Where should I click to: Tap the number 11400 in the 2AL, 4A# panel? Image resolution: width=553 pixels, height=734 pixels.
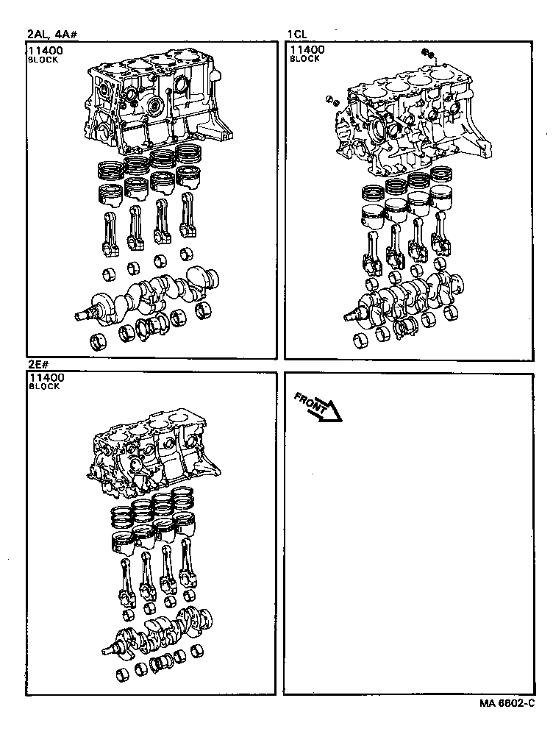coord(46,51)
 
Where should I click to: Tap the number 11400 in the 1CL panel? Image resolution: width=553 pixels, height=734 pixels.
coord(307,50)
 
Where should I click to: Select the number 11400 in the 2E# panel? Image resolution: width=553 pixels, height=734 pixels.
coord(46,378)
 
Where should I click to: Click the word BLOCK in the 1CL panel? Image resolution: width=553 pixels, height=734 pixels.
coord(304,59)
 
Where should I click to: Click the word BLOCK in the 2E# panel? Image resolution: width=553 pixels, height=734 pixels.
coord(43,387)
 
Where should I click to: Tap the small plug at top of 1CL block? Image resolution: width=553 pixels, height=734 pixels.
coord(427,53)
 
